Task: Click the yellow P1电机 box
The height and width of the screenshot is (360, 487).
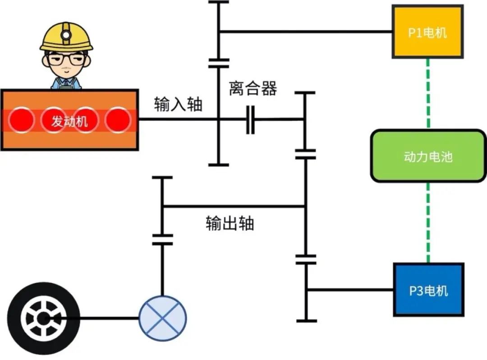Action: coord(427,32)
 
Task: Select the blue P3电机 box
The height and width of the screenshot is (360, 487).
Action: coord(428,290)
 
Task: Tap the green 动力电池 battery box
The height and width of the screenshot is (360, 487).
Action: coord(428,156)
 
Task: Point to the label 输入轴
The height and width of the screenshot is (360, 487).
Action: coord(178,104)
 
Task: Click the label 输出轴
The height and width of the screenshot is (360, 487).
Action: coord(230,223)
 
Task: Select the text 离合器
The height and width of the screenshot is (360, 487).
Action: coord(253,88)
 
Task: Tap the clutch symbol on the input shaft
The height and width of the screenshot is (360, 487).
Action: coord(250,119)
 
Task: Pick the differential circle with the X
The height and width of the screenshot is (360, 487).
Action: coord(162,318)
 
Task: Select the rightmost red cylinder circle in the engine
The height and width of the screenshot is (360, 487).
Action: coord(118,120)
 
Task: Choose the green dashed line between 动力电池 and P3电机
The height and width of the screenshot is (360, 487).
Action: coord(428,223)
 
